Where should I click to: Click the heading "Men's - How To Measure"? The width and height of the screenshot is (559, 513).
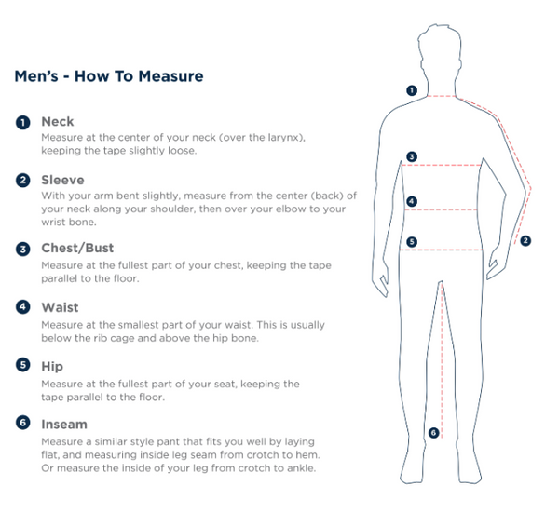[109, 76]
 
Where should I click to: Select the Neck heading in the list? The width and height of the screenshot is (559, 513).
[58, 121]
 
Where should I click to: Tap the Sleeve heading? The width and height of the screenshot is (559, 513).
[62, 180]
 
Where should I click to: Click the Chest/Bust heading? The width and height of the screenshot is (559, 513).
[77, 248]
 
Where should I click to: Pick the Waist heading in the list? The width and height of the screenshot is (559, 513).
[60, 307]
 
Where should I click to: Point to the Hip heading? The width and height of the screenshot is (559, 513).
[52, 367]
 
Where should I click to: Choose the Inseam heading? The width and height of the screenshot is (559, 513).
[64, 425]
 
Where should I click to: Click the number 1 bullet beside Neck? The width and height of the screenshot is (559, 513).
[22, 123]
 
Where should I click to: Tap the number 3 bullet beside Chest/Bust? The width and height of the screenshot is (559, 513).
[22, 249]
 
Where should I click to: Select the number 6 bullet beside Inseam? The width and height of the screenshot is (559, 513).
[22, 423]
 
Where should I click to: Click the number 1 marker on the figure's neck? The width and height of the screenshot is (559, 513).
[412, 90]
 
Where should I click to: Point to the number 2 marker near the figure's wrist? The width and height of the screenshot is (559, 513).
[525, 241]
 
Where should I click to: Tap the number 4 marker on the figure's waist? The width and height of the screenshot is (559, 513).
[412, 201]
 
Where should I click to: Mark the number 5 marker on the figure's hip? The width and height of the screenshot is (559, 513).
[412, 242]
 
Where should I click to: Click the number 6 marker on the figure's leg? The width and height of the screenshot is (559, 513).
[433, 433]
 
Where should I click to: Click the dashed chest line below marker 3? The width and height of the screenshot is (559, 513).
[442, 165]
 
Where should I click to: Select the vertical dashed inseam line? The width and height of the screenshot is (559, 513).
[442, 359]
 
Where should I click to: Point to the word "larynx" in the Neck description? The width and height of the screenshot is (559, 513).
[286, 138]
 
